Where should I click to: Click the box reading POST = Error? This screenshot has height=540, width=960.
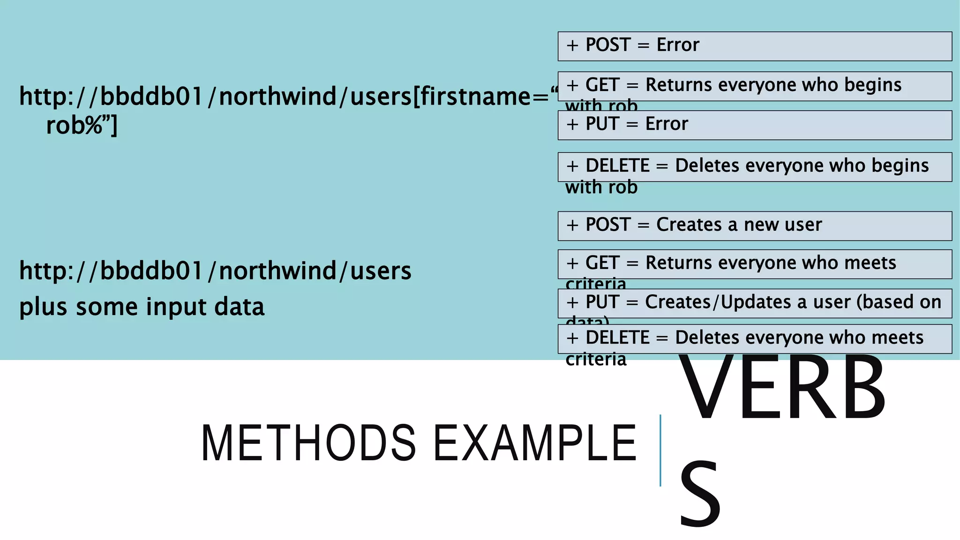(x=754, y=46)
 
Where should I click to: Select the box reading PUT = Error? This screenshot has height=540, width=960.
(x=754, y=125)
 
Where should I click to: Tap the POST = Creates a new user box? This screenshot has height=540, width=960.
(x=754, y=225)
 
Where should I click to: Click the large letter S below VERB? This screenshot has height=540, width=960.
(x=699, y=495)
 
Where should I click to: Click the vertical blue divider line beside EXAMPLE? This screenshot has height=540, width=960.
(x=660, y=450)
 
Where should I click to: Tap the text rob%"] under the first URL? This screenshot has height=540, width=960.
(x=82, y=125)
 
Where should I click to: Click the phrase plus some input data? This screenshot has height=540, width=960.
(x=142, y=307)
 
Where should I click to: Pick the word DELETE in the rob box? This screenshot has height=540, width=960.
(x=617, y=166)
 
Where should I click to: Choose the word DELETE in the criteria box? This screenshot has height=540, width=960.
(x=617, y=338)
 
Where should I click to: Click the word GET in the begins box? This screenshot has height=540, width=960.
(x=602, y=85)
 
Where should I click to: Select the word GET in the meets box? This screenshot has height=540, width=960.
(x=602, y=263)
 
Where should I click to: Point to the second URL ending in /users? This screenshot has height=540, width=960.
(x=215, y=271)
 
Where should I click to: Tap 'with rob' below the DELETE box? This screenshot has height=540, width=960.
(x=601, y=187)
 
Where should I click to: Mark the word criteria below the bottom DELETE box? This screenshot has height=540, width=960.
(x=596, y=360)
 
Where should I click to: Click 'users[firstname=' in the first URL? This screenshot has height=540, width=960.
(x=449, y=97)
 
